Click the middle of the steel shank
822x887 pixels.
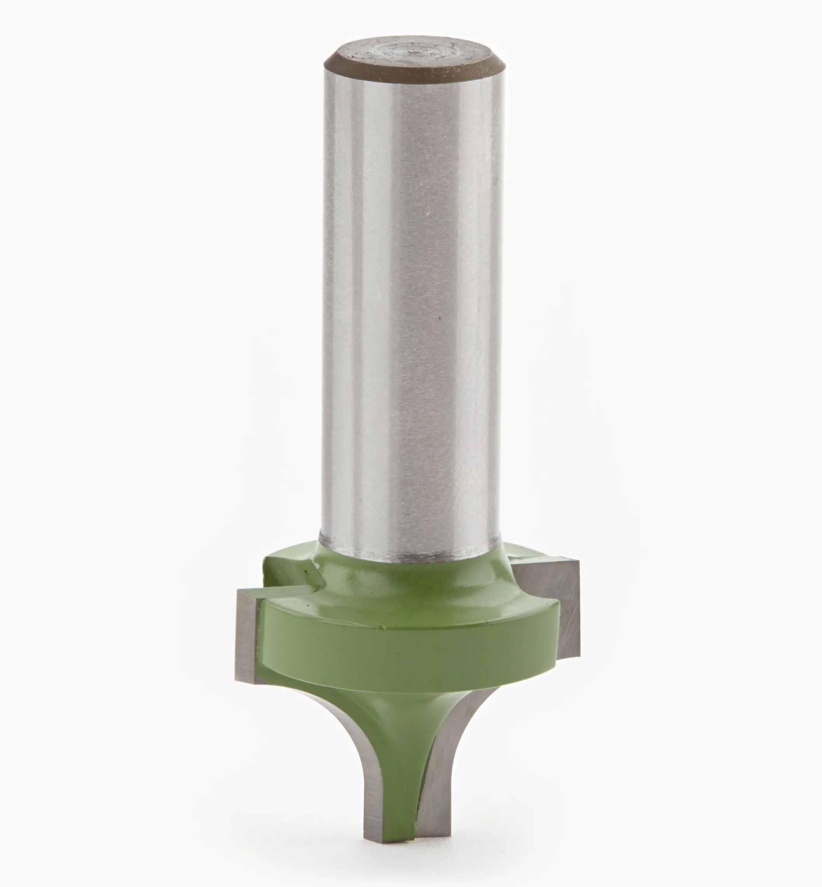click(x=411, y=311)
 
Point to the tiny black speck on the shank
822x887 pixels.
click(x=440, y=318)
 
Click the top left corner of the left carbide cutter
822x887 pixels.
click(x=239, y=590)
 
